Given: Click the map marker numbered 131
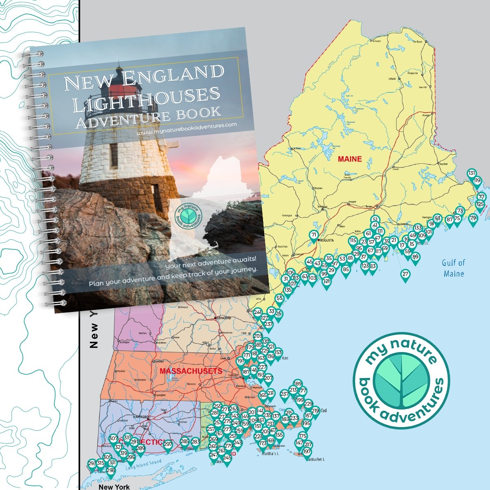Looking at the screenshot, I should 472,173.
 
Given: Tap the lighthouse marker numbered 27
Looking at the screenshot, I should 405,274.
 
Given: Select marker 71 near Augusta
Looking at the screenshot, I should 314,235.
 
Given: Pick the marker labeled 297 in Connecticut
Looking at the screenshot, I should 168,444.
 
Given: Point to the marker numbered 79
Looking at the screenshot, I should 473,218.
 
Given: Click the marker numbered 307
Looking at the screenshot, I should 113,439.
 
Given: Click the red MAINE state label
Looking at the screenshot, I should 350,159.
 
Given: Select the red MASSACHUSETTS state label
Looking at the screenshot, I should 191,371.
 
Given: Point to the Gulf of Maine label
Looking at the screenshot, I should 454,268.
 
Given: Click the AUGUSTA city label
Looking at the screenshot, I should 327,241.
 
